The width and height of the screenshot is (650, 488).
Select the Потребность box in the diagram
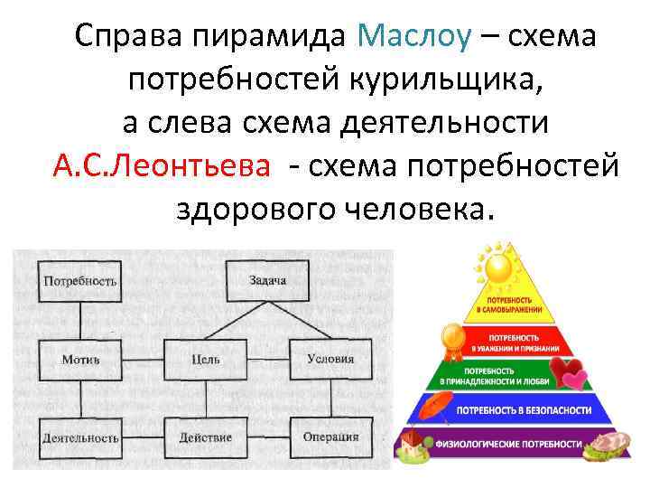coord(79,280)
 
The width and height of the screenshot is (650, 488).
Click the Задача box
coord(267,280)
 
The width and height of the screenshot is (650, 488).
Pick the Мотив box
coord(79,359)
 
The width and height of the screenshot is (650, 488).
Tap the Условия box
coord(330,359)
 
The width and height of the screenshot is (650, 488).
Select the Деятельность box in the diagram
coord(79,437)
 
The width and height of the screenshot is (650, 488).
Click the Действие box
coord(206,437)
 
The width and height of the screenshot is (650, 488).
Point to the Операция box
coord(330,437)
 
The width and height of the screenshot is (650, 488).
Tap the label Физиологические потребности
coord(509,445)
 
